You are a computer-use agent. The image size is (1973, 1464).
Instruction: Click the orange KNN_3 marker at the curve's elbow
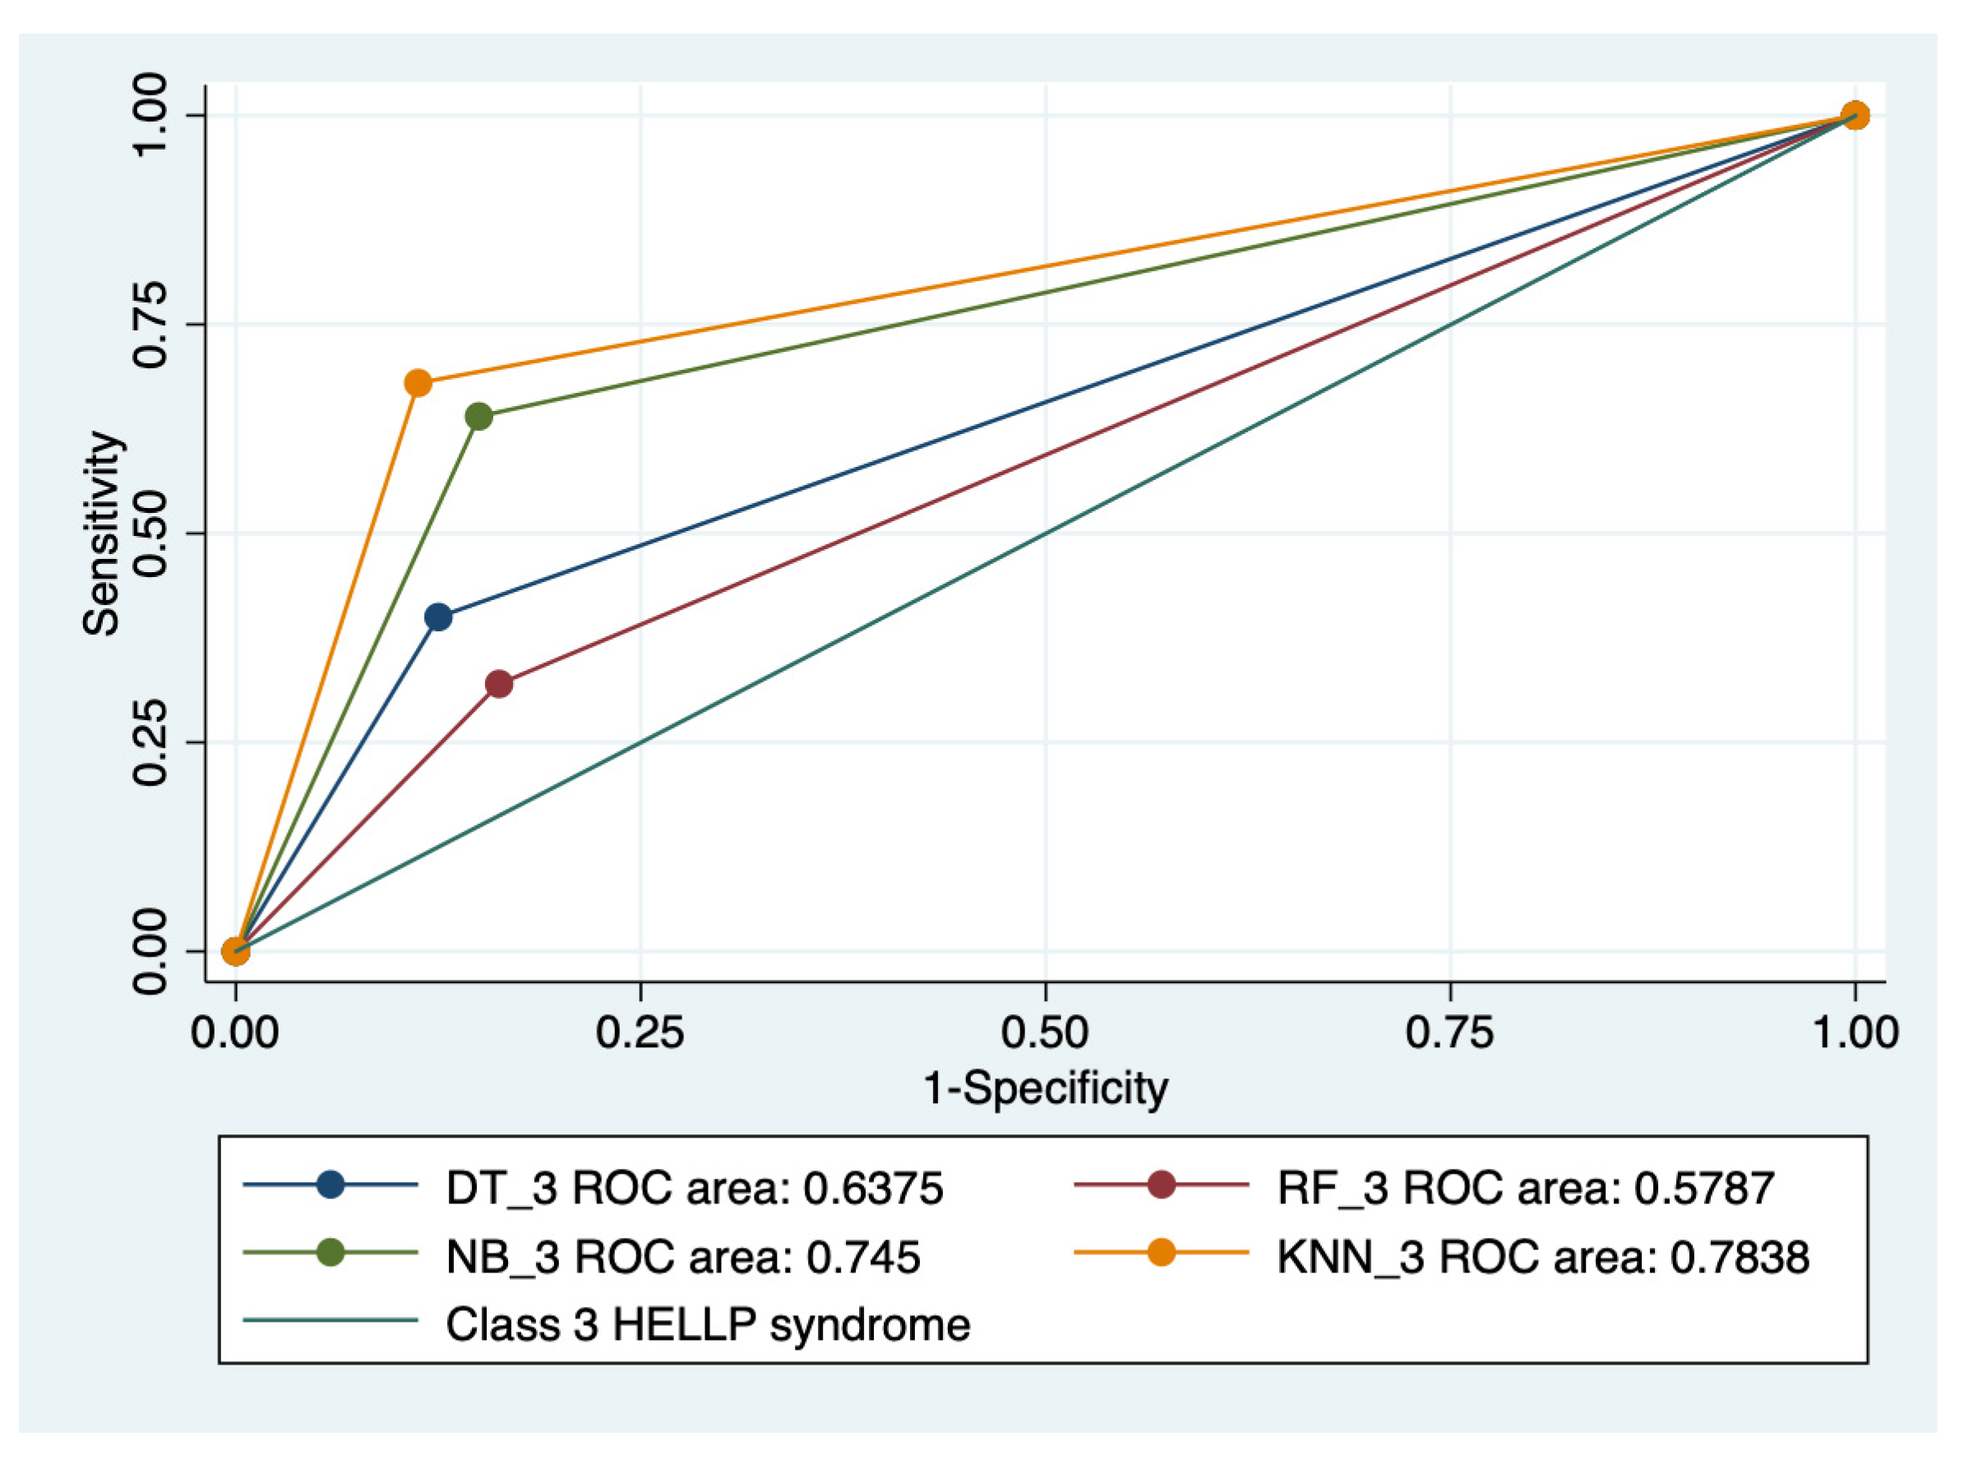tap(418, 384)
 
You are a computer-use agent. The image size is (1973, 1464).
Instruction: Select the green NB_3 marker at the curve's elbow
tap(478, 416)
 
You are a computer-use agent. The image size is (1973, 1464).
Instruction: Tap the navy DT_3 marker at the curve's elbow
tap(438, 617)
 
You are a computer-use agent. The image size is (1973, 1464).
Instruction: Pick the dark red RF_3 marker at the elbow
tap(499, 684)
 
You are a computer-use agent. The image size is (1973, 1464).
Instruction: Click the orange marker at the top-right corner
tap(1855, 115)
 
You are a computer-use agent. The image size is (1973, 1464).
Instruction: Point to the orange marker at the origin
tap(235, 951)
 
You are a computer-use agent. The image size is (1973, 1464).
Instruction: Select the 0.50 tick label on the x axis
tap(1045, 1033)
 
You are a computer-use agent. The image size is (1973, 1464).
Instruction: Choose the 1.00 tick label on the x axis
tap(1855, 1033)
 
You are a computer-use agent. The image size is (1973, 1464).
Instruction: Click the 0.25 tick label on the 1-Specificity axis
tap(640, 1033)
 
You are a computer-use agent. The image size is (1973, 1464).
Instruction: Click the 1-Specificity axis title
tap(1045, 1088)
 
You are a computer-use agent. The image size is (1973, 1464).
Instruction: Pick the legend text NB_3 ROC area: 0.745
tap(682, 1257)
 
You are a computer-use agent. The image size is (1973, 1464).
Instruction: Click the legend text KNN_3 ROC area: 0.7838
tap(1542, 1257)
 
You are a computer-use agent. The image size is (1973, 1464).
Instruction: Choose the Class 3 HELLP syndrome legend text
tap(707, 1325)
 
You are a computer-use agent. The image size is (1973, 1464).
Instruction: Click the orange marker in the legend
tap(1160, 1252)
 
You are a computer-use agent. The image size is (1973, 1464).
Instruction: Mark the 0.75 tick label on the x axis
tap(1450, 1033)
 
